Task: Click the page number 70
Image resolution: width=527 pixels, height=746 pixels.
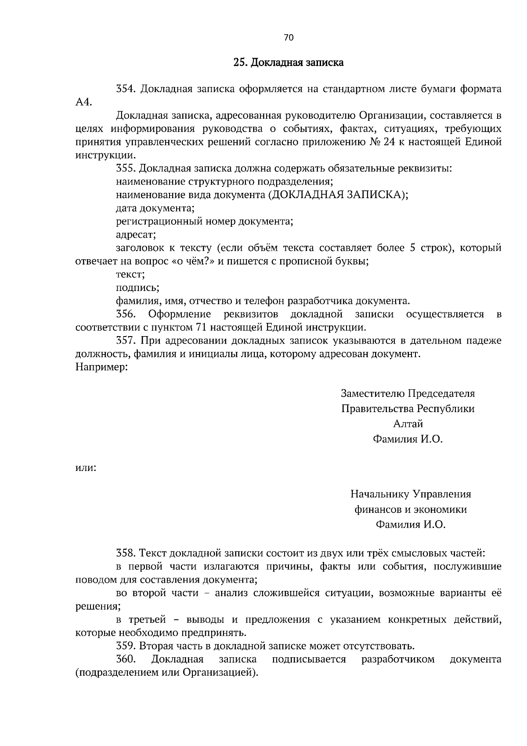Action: (x=289, y=38)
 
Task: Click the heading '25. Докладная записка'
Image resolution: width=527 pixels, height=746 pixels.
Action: (x=288, y=63)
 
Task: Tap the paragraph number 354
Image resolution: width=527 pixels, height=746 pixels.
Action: (x=126, y=89)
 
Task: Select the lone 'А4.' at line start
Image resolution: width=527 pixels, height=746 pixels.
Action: (x=83, y=102)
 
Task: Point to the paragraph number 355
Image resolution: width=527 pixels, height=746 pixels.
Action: (x=126, y=169)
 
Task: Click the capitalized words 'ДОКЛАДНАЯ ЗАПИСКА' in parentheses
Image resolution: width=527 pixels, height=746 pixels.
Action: (x=336, y=195)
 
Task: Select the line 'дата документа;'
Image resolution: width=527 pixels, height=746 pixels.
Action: (x=155, y=208)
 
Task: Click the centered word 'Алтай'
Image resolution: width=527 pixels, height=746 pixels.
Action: (x=408, y=424)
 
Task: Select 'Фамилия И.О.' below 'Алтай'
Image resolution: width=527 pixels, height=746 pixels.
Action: (x=408, y=439)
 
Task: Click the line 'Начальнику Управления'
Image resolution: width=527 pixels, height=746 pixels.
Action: (x=411, y=494)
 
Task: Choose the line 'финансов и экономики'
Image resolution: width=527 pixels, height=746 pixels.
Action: (x=411, y=510)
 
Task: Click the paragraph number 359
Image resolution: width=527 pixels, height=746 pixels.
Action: (x=126, y=646)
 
